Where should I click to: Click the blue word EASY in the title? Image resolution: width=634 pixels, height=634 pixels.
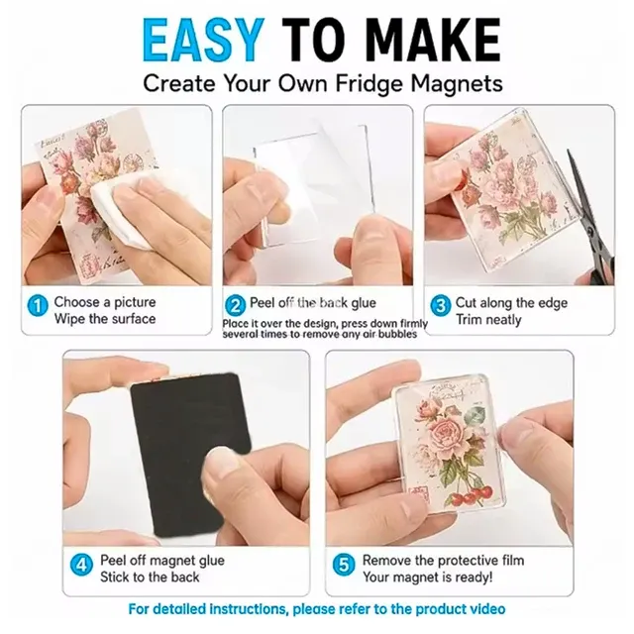201,41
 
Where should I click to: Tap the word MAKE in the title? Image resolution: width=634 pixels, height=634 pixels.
435,41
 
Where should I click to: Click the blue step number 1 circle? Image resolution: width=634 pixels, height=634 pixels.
38,306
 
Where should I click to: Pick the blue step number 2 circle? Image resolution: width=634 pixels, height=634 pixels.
235,306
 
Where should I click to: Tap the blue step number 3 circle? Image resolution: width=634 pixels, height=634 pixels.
441,306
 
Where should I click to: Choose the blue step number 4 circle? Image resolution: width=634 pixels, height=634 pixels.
81,565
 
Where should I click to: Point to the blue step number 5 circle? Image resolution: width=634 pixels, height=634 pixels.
344,565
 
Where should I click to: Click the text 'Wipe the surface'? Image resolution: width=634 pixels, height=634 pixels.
105,319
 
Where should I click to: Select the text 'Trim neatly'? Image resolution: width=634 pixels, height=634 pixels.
488,320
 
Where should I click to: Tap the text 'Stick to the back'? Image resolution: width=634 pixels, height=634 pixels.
150,577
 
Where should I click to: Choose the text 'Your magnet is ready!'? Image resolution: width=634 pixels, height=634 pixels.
428,577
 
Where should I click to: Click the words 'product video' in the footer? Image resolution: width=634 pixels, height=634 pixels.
460,609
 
